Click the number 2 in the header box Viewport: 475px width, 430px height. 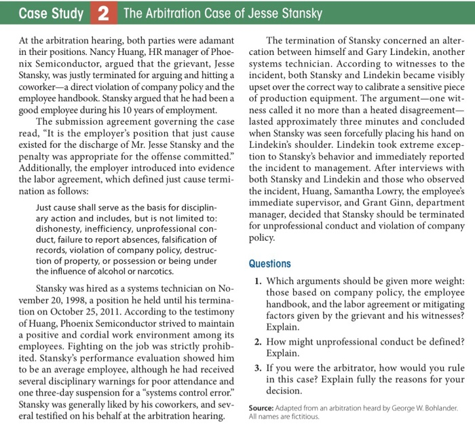[x=100, y=14]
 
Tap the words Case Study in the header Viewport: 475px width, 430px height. [x=51, y=14]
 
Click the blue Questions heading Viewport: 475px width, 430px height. [x=269, y=264]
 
